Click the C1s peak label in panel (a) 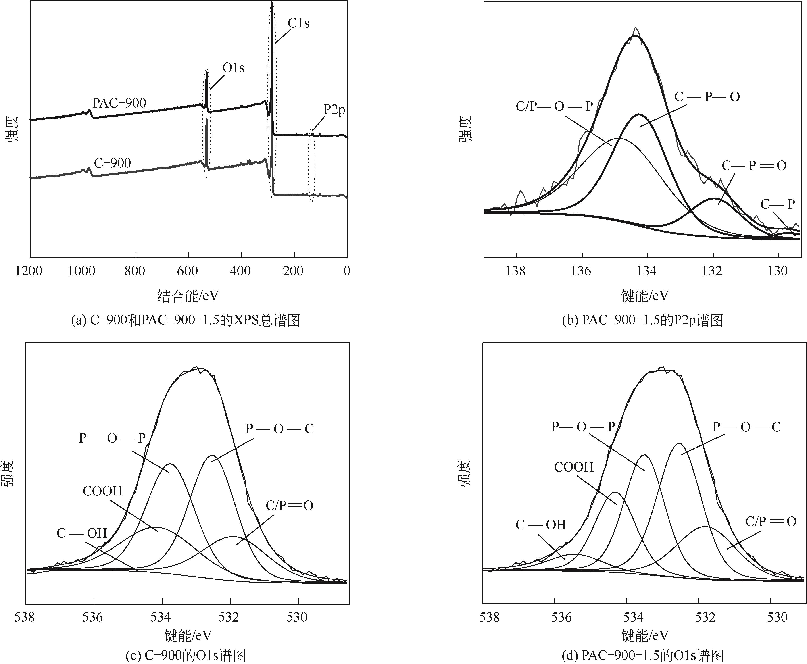pyautogui.click(x=298, y=23)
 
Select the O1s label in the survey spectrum pyautogui.click(x=233, y=68)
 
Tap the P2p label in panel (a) pyautogui.click(x=334, y=110)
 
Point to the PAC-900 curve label pyautogui.click(x=119, y=103)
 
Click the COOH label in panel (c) pyautogui.click(x=102, y=491)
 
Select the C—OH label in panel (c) pyautogui.click(x=82, y=533)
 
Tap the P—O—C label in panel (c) pyautogui.click(x=279, y=429)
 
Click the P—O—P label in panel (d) pyautogui.click(x=583, y=427)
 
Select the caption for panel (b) pyautogui.click(x=642, y=320)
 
